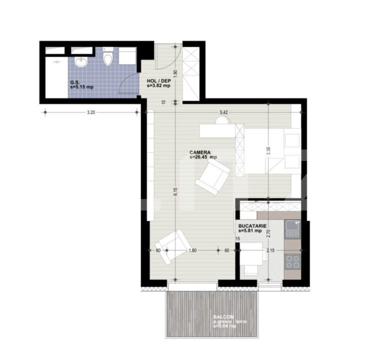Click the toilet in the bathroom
coord(107,60)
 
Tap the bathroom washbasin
coord(81,62)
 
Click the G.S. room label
coord(75,82)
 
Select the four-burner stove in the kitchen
coord(292,261)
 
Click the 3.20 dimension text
coord(90,112)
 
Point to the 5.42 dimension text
coord(223,112)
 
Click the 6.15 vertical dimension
coord(175,192)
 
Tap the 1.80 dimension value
coord(192,250)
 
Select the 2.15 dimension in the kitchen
coord(270,250)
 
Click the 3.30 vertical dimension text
coord(268,151)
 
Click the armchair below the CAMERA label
coord(213,177)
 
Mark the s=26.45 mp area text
coord(203,157)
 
